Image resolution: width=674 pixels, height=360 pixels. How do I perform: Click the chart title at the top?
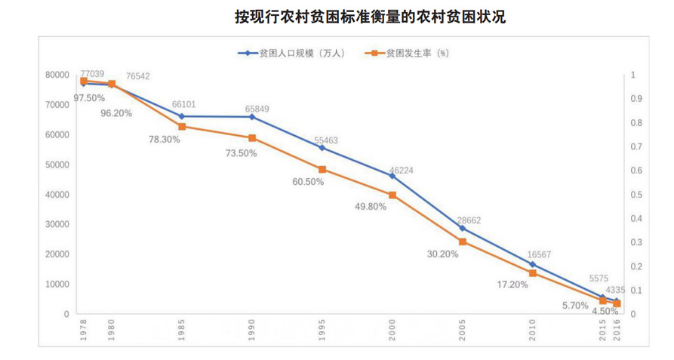[x=370, y=17]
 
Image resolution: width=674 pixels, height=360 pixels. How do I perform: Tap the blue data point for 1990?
[x=252, y=117]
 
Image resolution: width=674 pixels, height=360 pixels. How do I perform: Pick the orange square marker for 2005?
[x=463, y=242]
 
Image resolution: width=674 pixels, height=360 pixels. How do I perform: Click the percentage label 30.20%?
[x=443, y=254]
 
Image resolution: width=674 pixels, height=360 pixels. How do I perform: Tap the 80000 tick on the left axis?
[x=57, y=75]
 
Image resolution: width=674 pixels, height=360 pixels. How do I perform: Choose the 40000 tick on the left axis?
[x=57, y=195]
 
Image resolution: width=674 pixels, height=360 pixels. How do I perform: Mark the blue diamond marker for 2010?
[x=533, y=264]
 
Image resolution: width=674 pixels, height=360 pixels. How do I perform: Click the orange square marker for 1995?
[x=322, y=170]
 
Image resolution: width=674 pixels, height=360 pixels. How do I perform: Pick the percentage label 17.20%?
[x=512, y=285]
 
